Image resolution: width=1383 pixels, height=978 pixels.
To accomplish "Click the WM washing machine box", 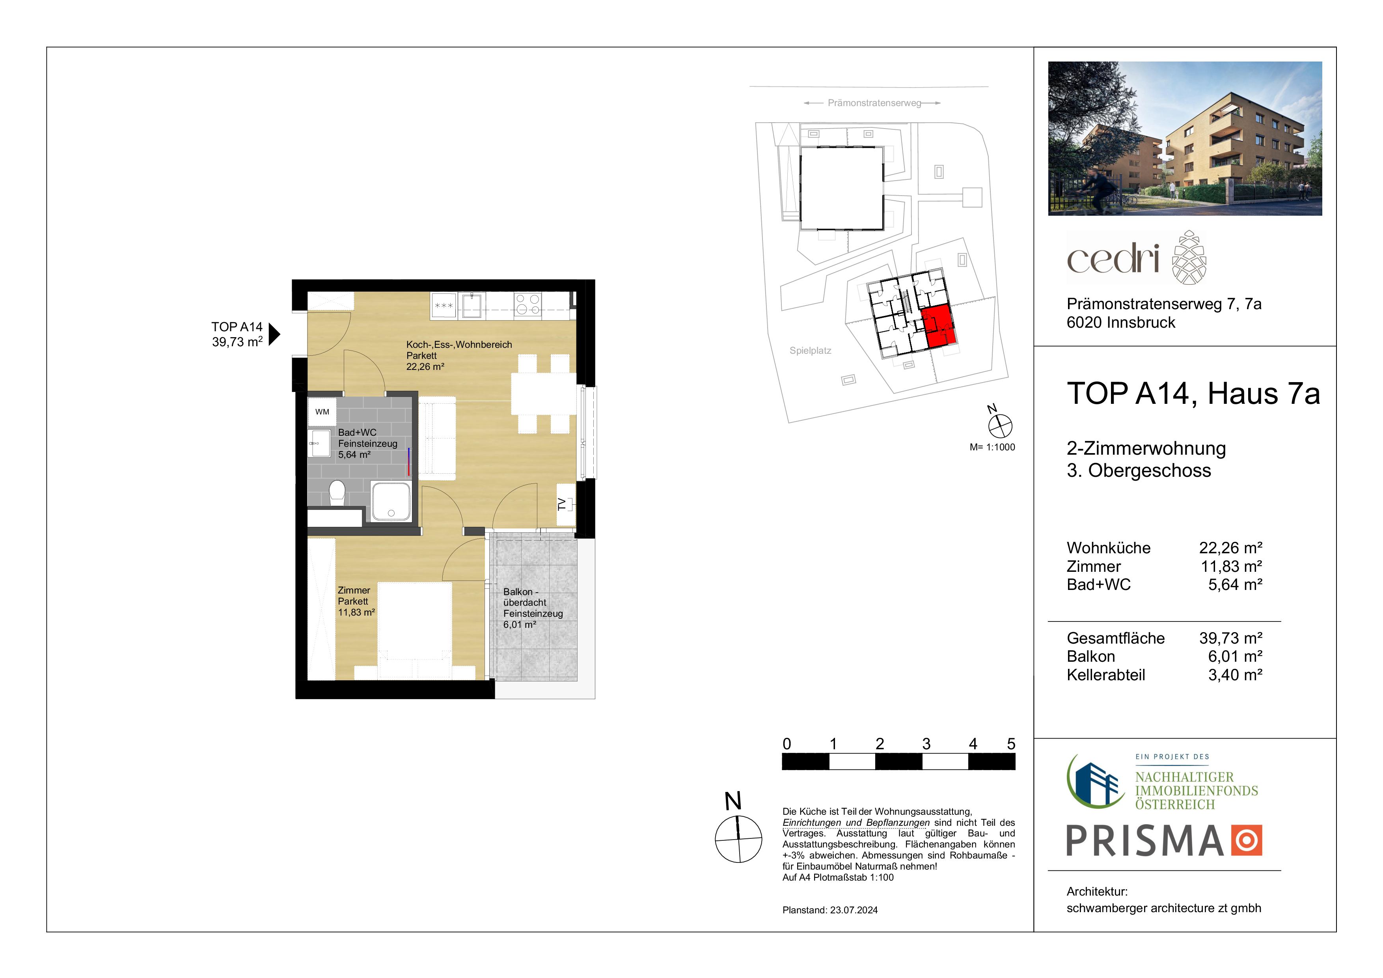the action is pyautogui.click(x=322, y=412).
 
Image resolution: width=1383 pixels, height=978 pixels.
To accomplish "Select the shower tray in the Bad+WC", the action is pyautogui.click(x=391, y=501).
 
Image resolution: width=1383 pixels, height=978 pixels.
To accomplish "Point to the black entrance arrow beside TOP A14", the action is pyautogui.click(x=274, y=334).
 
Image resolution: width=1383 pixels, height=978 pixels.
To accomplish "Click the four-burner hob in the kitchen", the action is pyautogui.click(x=527, y=304).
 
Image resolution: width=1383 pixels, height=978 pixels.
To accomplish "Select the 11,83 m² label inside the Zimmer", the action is pyautogui.click(x=357, y=612).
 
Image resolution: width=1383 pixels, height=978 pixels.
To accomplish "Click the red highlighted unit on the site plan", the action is pyautogui.click(x=938, y=327).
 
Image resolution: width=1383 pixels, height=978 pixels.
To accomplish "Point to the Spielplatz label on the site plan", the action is pyautogui.click(x=810, y=351).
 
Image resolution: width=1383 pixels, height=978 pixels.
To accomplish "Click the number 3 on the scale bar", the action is pyautogui.click(x=926, y=744).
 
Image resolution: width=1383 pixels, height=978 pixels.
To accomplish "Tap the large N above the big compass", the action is pyautogui.click(x=733, y=801).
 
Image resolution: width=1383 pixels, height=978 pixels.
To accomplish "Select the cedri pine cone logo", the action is pyautogui.click(x=1189, y=257).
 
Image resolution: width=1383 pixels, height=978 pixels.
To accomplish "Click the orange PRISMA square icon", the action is pyautogui.click(x=1246, y=840).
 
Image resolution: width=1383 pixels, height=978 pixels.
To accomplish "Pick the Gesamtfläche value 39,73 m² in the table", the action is pyautogui.click(x=1230, y=638).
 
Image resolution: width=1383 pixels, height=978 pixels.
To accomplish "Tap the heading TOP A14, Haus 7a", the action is pyautogui.click(x=1193, y=394).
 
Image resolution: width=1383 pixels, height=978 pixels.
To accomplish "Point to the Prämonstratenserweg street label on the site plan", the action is pyautogui.click(x=874, y=103).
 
